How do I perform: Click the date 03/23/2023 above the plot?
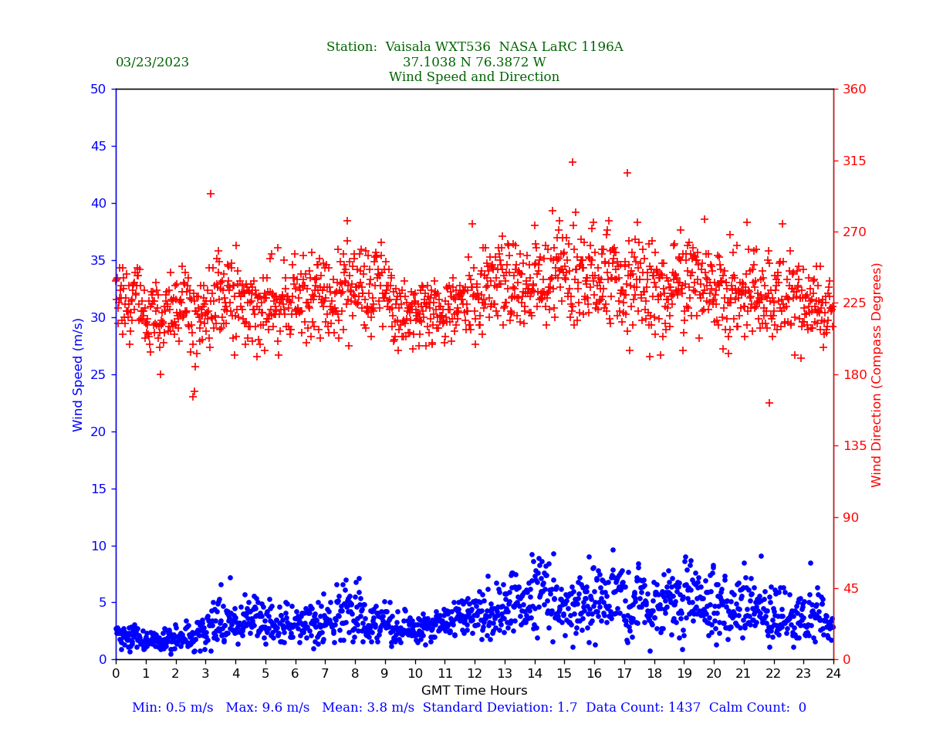tap(152, 63)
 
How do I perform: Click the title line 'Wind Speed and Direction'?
tap(474, 77)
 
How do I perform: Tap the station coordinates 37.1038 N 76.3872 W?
tap(474, 63)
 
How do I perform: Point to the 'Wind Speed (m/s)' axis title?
tap(79, 374)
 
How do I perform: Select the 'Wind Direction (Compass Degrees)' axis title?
tap(877, 374)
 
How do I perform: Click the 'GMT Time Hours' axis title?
tap(474, 691)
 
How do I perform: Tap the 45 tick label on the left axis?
tap(97, 146)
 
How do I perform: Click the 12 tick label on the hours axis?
tap(475, 674)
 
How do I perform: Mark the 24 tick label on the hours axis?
tap(833, 674)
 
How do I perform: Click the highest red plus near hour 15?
tap(573, 162)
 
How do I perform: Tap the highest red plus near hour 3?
tap(211, 194)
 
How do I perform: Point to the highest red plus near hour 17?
tap(627, 173)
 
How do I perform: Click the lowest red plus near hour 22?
tap(769, 403)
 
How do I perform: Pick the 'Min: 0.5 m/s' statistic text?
tap(172, 708)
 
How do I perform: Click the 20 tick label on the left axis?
tap(97, 431)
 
